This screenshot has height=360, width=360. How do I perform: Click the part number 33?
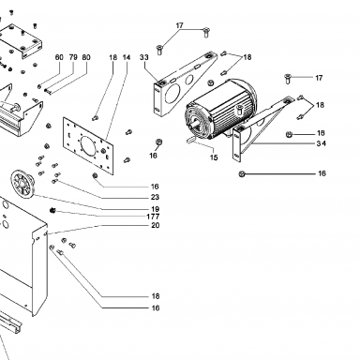[144, 57]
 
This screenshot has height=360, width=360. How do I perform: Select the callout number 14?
[127, 57]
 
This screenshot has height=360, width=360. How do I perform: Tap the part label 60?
[59, 57]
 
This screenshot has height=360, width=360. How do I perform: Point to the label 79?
[73, 57]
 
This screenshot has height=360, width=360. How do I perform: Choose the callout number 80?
[86, 57]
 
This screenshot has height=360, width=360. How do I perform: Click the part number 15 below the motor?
[214, 157]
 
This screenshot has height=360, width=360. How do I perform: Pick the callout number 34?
[321, 143]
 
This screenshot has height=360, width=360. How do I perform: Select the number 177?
[153, 217]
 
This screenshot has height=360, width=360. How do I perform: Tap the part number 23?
[155, 197]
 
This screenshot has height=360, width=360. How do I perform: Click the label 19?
[155, 209]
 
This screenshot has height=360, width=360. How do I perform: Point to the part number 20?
[155, 225]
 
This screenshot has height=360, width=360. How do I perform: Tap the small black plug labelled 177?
[52, 211]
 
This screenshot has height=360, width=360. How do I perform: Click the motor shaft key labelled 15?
[191, 139]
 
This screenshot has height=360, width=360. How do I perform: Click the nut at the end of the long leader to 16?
[241, 173]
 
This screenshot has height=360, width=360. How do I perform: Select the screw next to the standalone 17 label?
[288, 79]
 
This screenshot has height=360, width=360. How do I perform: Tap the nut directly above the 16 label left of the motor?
[158, 142]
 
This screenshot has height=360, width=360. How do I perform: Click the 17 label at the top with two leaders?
[179, 25]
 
